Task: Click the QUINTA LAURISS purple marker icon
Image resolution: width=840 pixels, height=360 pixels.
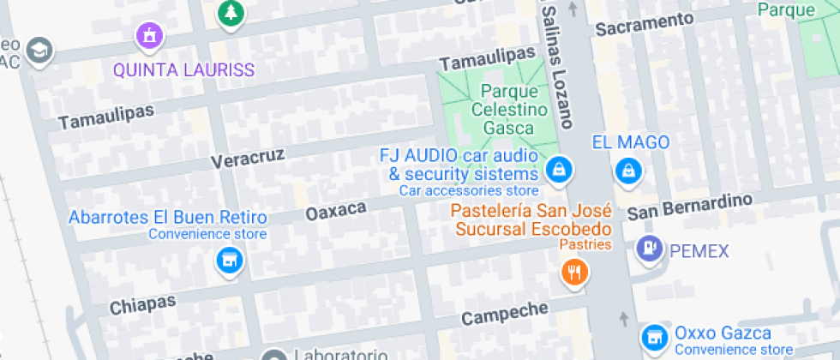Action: (149, 36)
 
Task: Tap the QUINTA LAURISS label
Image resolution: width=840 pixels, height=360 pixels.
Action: (184, 69)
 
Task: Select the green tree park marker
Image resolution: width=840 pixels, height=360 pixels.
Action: (230, 12)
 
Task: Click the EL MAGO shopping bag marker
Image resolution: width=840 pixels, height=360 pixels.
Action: (629, 169)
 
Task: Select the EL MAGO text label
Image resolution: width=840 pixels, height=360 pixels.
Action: (631, 141)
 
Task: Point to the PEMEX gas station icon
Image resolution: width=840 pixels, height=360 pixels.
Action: (649, 249)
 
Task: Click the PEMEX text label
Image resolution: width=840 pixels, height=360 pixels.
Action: (699, 251)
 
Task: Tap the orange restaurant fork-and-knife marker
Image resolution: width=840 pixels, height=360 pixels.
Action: (573, 273)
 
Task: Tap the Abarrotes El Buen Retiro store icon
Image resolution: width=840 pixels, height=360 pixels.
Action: (229, 259)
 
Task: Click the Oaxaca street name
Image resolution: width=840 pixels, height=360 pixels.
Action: (336, 210)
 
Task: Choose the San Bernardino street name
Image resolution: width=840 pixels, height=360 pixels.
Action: (689, 206)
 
